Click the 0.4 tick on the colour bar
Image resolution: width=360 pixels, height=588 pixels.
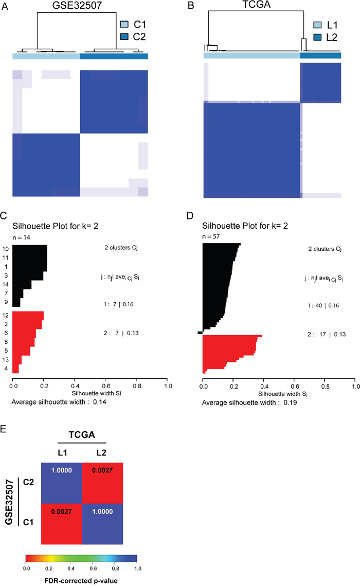tap(70, 569)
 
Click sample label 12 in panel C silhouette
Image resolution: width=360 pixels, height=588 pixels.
tap(6, 315)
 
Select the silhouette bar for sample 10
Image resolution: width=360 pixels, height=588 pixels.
tap(30, 249)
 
